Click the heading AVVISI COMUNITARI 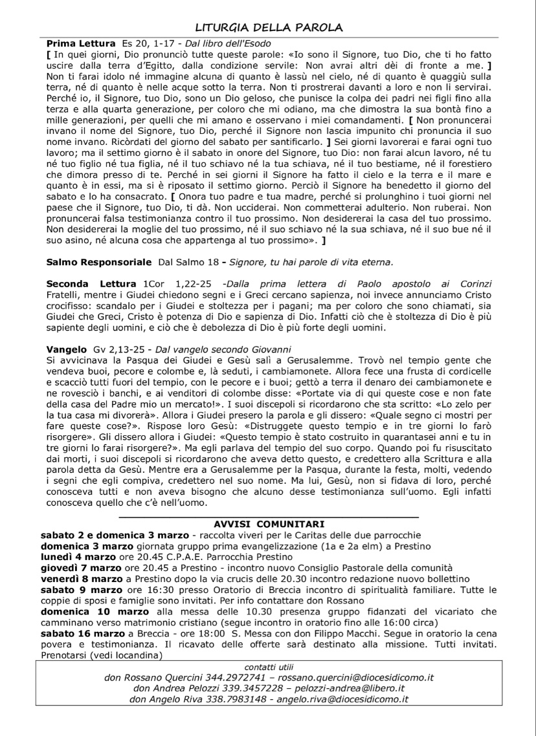269,523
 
